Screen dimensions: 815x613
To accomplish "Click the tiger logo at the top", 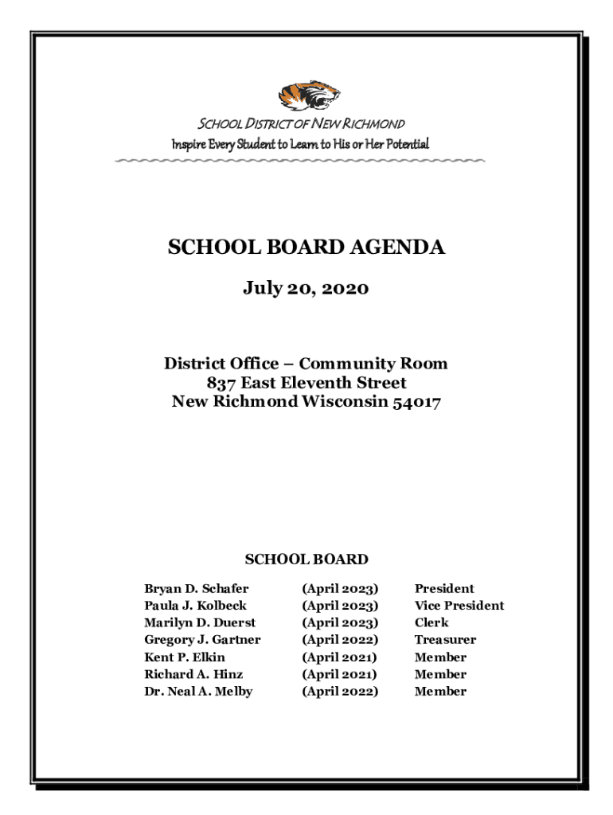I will point(308,96).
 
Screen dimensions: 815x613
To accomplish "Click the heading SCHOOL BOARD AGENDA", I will point(306,248).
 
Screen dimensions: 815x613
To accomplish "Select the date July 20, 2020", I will point(306,288).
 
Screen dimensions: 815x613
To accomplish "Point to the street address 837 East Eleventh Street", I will point(306,383).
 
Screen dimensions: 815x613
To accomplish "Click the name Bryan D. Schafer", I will point(196,589).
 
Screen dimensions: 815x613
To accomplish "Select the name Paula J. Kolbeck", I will point(195,606).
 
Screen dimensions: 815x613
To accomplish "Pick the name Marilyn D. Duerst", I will point(200,622).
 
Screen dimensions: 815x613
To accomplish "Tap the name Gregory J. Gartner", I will point(202,640).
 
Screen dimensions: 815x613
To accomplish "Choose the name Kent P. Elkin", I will point(184,657).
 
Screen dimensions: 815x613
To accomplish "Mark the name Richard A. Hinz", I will point(193,674).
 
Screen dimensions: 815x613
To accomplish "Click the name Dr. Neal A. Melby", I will point(198,692).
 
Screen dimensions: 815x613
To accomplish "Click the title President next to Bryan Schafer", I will point(443,589).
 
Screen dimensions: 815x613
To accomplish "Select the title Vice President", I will point(459,606).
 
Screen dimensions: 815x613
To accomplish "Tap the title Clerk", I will point(431,622).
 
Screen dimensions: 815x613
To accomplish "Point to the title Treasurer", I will point(445,640).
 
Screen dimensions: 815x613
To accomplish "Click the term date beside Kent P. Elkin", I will point(339,657).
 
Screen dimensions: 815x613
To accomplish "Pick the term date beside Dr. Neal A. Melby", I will point(340,692).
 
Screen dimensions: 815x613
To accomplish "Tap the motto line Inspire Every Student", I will point(300,144).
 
